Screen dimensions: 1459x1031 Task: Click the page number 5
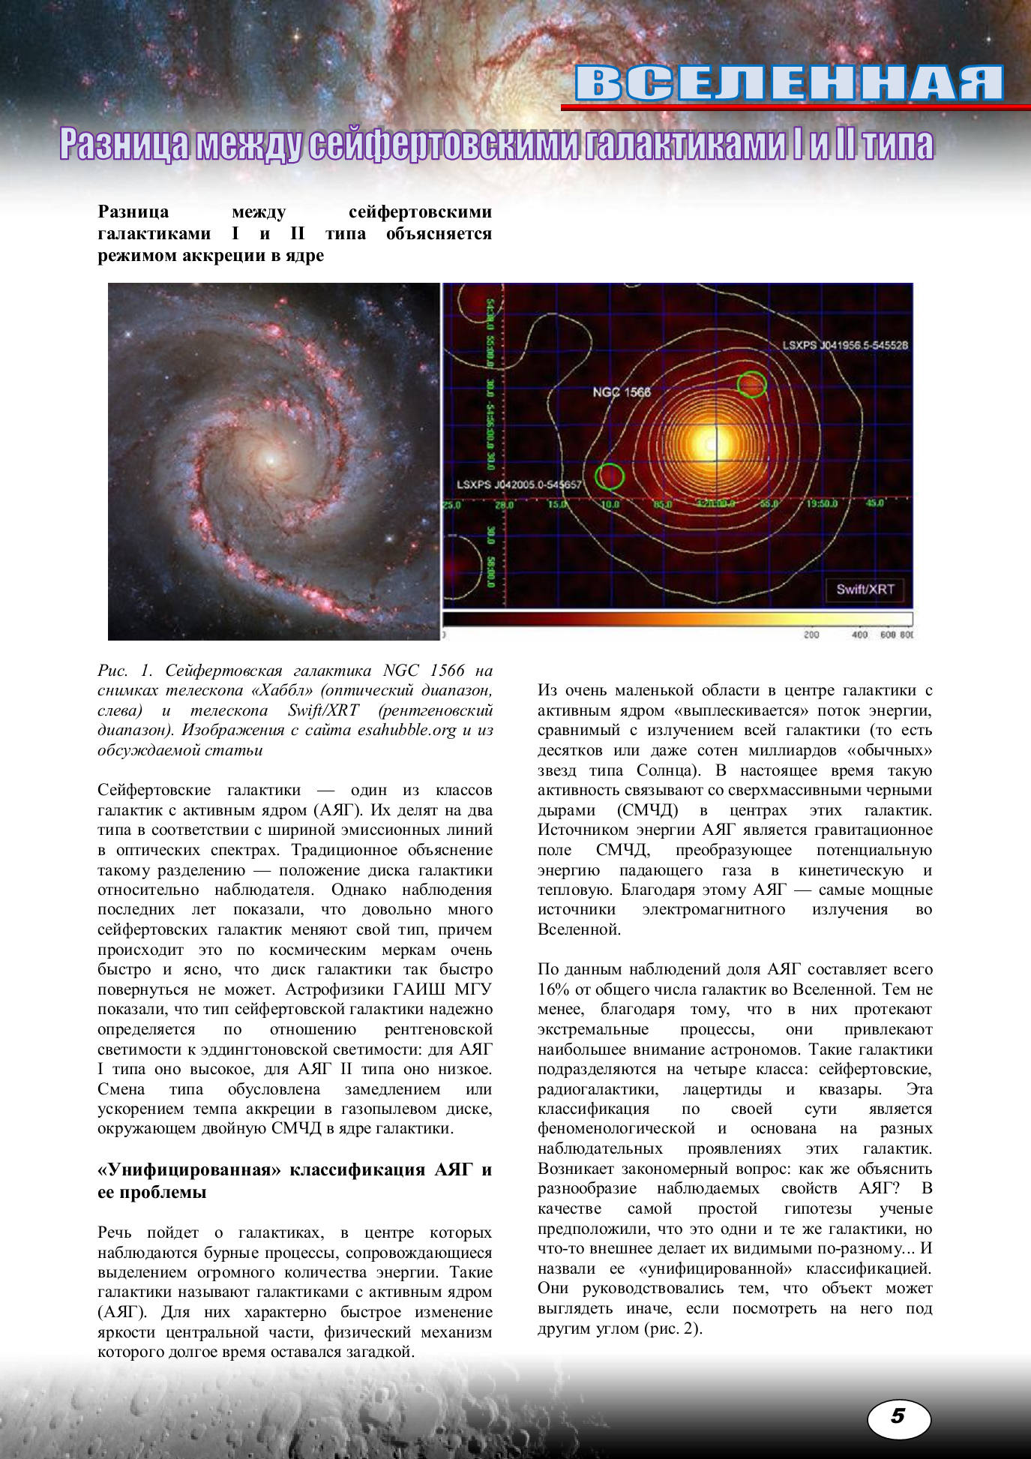pos(898,1415)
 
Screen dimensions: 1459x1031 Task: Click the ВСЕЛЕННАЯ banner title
pos(790,83)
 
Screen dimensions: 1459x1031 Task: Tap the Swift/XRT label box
pos(865,589)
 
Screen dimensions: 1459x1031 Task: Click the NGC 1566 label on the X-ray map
pos(622,392)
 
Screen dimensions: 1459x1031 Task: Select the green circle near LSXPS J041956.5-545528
pos(751,383)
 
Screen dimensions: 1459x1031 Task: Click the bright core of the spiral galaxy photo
pos(268,456)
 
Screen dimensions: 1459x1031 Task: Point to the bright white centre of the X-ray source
pos(709,443)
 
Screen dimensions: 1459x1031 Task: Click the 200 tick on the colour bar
pos(811,635)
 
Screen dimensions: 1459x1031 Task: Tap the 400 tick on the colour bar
pos(859,635)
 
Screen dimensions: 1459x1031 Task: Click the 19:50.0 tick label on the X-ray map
pos(822,503)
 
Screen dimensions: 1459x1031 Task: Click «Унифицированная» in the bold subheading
pos(184,1170)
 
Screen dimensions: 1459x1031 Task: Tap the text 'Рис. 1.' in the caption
pos(124,671)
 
